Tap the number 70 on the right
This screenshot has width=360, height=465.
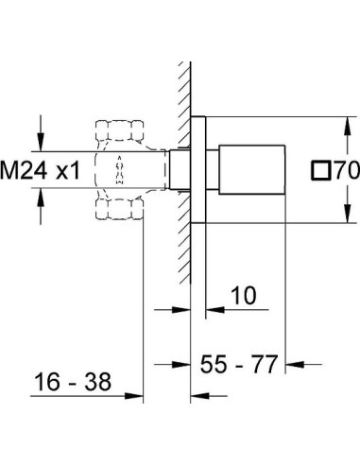click(x=342, y=171)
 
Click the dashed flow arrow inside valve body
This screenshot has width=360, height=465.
click(x=119, y=171)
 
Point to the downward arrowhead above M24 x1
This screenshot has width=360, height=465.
click(x=42, y=146)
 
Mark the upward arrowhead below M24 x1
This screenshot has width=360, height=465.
click(x=42, y=196)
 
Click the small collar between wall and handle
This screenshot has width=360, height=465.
click(x=201, y=170)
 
